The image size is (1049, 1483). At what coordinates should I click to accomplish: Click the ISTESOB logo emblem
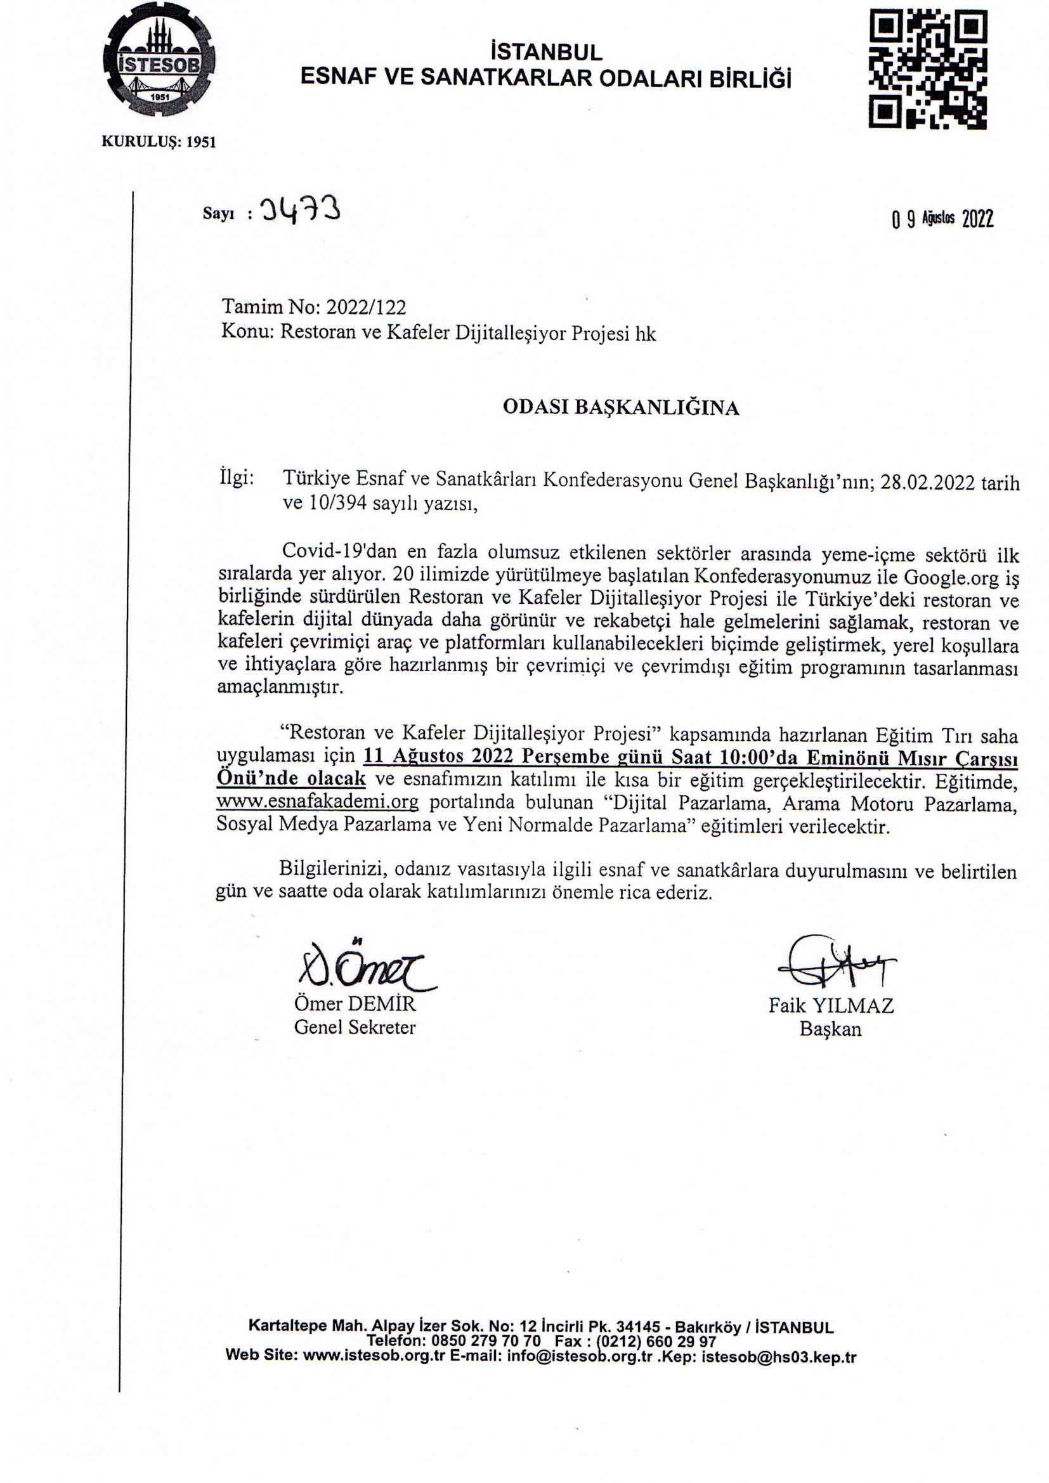(x=159, y=63)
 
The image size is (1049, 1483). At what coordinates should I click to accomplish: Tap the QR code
(x=928, y=69)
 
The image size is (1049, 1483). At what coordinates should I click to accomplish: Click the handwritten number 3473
(x=300, y=211)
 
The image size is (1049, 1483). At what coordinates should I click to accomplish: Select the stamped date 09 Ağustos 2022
(x=942, y=219)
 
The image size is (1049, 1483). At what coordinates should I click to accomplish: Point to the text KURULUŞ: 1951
(x=159, y=142)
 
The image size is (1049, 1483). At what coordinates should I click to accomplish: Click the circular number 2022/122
(x=365, y=307)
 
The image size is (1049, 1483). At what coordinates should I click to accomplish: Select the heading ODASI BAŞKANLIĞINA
(x=621, y=408)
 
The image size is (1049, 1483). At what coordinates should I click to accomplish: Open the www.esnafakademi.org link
(x=317, y=802)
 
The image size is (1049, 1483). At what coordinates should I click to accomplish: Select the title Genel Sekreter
(x=355, y=1027)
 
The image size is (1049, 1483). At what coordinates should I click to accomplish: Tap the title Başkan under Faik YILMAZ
(x=830, y=1029)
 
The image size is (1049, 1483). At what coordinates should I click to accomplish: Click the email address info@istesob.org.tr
(x=580, y=1356)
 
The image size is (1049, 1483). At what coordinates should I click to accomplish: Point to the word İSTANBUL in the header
(x=547, y=52)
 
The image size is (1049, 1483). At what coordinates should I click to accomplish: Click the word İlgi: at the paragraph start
(x=237, y=479)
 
